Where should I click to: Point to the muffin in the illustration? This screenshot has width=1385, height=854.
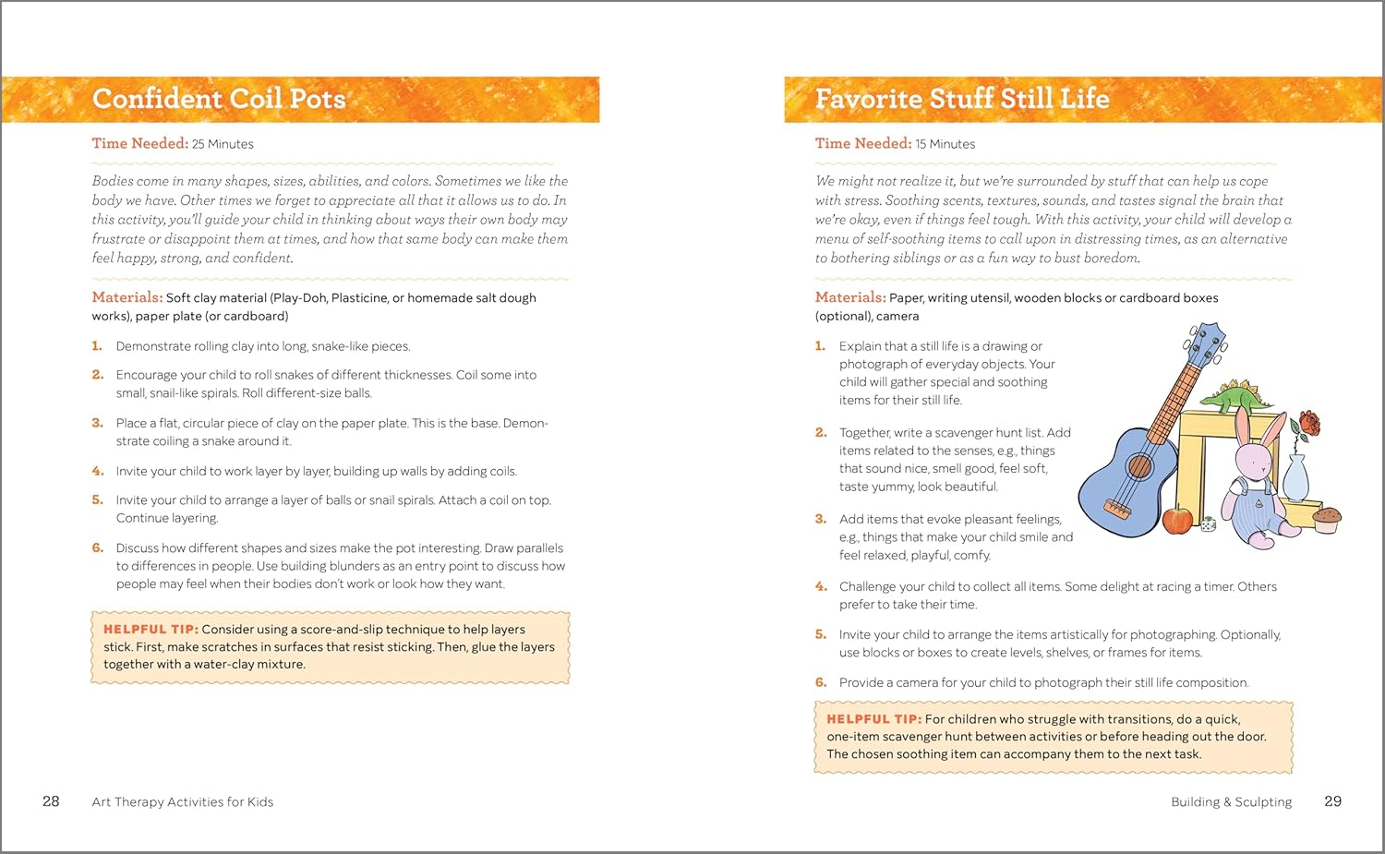click(x=1327, y=520)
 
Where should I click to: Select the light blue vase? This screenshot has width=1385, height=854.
click(x=1296, y=477)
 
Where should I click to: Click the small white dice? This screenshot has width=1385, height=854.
click(x=1204, y=525)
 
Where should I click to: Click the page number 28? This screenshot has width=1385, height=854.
click(x=51, y=801)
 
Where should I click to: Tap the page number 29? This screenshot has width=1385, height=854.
click(x=1332, y=801)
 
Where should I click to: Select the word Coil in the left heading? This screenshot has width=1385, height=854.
click(x=255, y=99)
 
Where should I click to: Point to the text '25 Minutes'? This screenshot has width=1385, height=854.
click(x=223, y=144)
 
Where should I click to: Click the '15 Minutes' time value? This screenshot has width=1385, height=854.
click(x=945, y=144)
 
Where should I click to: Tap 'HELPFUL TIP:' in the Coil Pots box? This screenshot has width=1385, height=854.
click(x=151, y=630)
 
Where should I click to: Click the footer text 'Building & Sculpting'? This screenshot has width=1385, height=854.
click(x=1231, y=802)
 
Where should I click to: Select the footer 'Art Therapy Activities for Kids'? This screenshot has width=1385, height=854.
click(x=183, y=802)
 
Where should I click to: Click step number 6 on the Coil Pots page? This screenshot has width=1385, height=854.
click(x=97, y=547)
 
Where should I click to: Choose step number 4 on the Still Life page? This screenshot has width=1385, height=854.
click(x=821, y=586)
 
